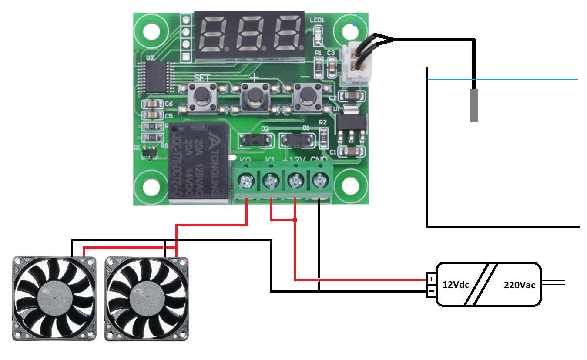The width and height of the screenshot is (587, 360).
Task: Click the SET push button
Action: point(201,95)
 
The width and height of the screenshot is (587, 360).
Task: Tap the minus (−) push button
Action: point(307,94)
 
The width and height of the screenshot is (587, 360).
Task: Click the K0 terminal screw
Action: point(247,179)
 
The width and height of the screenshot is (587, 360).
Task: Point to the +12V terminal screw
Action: point(295,179)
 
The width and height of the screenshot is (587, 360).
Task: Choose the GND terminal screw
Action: point(320,179)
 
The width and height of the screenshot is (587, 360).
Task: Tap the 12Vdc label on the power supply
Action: point(456,285)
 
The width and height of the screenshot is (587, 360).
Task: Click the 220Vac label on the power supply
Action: point(519,285)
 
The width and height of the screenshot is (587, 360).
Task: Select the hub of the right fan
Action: point(147,299)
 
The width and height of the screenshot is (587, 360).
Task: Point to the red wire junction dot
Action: point(295,220)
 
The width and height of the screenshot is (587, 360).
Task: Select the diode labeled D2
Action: point(256,140)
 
